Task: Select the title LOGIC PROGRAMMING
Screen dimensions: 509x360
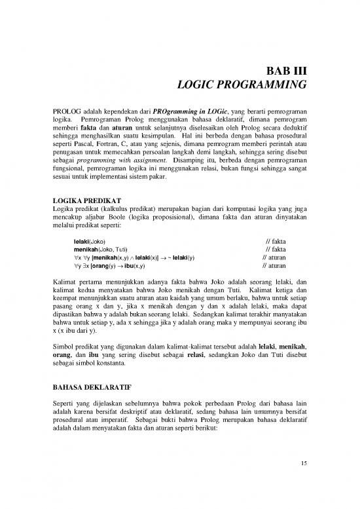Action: coord(243,85)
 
